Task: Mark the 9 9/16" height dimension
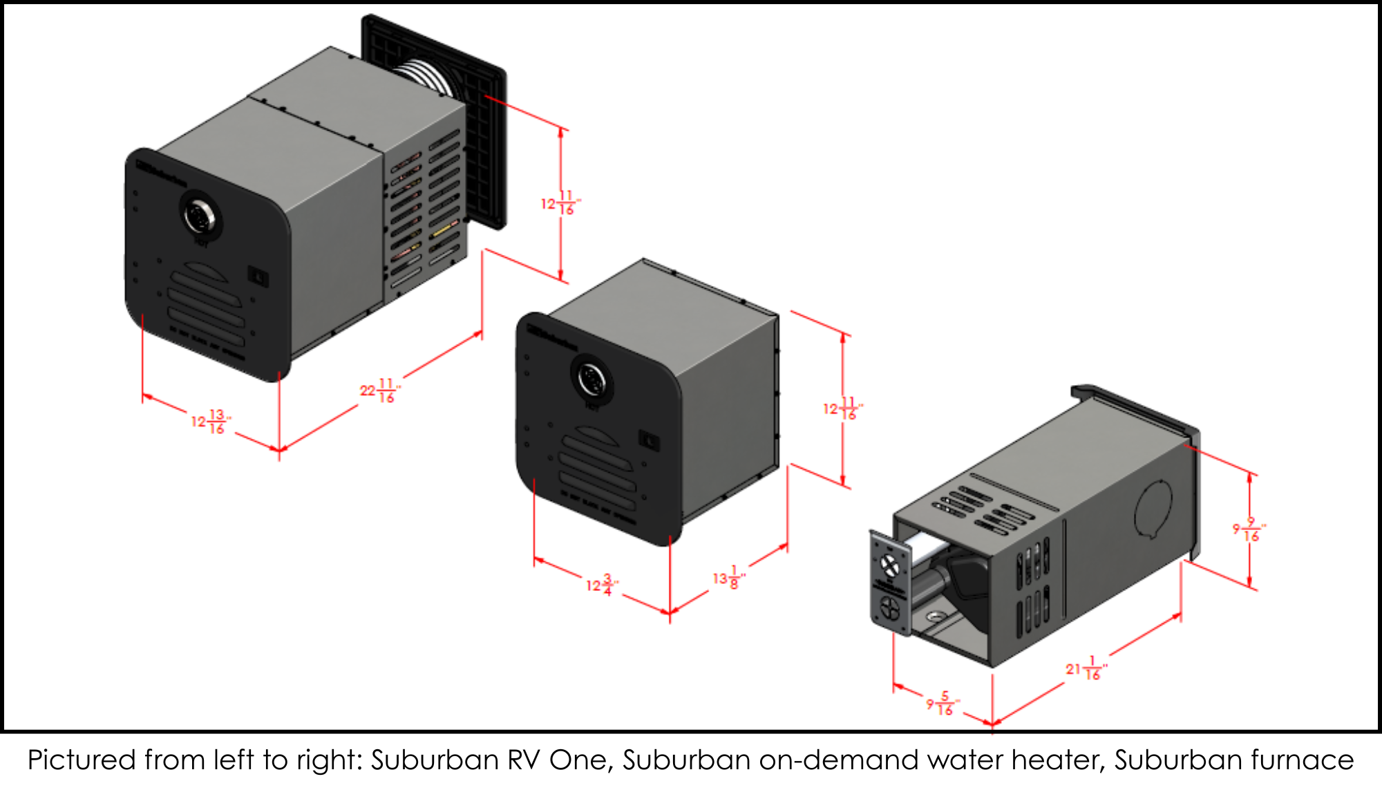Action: pos(1249,529)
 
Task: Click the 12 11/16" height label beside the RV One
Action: pos(560,203)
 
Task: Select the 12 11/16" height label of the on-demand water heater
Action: pos(842,408)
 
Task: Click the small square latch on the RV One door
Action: pos(258,278)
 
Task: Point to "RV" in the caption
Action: pos(524,760)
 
